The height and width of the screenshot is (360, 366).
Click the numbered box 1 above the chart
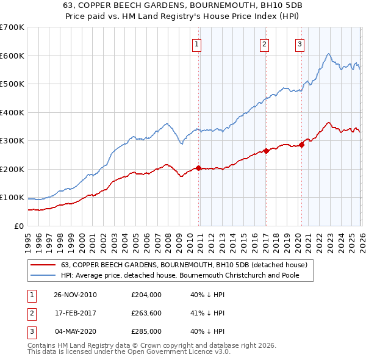[x=198, y=43]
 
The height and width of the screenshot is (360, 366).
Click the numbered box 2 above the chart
[x=265, y=43]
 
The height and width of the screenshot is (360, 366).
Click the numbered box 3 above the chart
[x=300, y=43]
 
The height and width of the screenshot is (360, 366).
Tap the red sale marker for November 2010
[x=198, y=168]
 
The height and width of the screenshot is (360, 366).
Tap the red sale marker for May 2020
[x=301, y=145]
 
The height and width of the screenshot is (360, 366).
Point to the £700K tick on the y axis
[x=12, y=27]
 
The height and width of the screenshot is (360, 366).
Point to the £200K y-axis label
[x=12, y=169]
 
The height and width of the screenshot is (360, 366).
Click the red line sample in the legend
[x=43, y=265]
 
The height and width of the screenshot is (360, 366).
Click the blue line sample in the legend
[x=43, y=275]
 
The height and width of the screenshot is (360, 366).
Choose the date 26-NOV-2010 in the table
[x=75, y=295]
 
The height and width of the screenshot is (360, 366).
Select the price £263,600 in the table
[x=146, y=313]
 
